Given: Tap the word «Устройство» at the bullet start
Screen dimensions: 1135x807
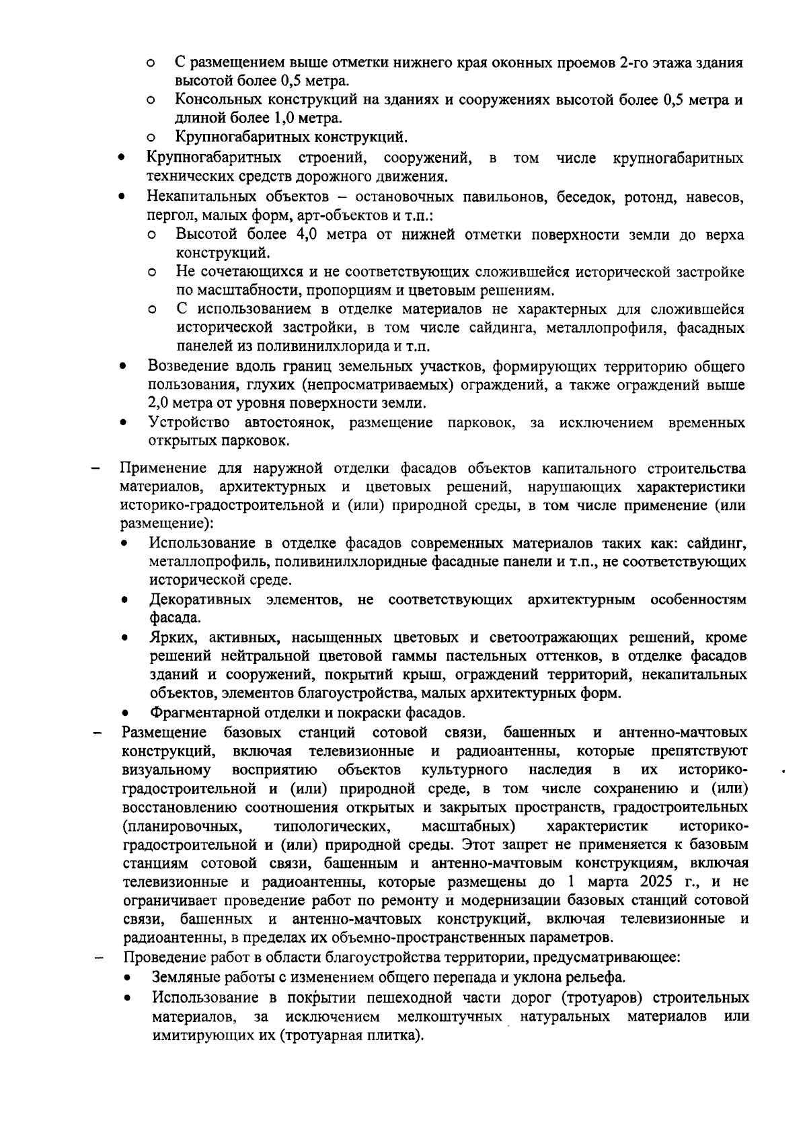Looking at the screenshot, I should tap(189, 423).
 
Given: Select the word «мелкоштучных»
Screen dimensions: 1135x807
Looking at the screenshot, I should tap(450, 1016).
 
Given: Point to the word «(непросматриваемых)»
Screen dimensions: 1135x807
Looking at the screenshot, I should tap(372, 386).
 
